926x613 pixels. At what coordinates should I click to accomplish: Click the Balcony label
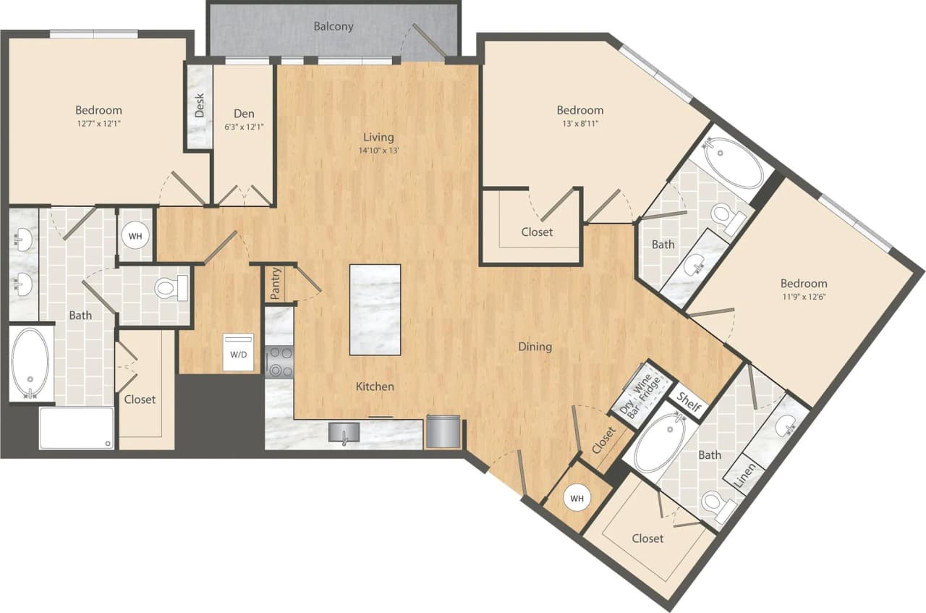tap(334, 27)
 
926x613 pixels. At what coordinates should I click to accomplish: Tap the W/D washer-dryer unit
tap(238, 352)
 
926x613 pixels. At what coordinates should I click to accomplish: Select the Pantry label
tap(275, 284)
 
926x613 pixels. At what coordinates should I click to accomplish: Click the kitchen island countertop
tap(375, 309)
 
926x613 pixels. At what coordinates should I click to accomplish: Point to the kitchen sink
tap(344, 433)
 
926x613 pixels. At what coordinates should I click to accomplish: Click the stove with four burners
tap(279, 362)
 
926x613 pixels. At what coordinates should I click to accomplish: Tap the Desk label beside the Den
tap(200, 106)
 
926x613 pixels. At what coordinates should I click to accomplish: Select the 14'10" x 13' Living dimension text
tap(378, 151)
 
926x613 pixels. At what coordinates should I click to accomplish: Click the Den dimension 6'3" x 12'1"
tap(243, 127)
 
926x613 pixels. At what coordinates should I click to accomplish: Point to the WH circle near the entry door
tap(576, 499)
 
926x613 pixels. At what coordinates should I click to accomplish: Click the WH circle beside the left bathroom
tap(135, 235)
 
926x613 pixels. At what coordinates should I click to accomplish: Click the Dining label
tap(535, 347)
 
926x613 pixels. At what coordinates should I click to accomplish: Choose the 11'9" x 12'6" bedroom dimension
tap(803, 297)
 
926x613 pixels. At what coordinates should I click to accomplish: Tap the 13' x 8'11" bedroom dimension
tap(579, 123)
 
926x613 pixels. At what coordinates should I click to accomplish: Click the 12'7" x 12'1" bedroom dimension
tap(98, 124)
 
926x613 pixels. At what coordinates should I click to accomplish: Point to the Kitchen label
tap(375, 386)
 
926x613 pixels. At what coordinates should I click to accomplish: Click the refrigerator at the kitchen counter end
tap(442, 431)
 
